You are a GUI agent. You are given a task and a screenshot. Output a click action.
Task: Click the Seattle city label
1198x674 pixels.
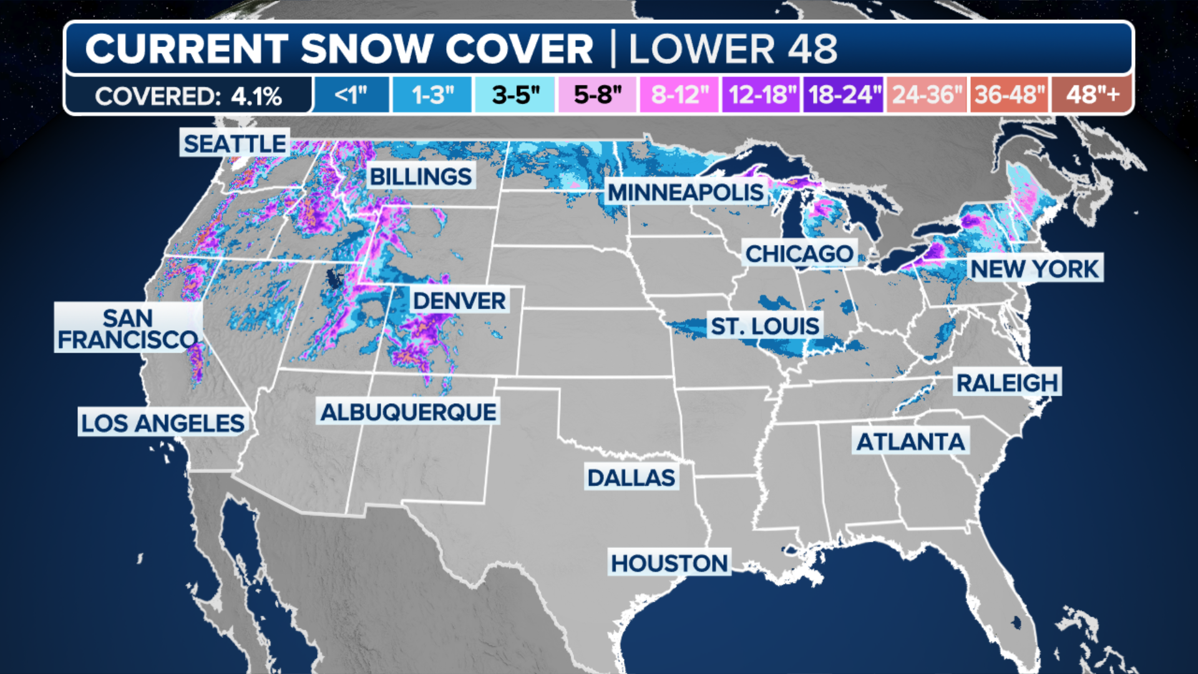(x=235, y=144)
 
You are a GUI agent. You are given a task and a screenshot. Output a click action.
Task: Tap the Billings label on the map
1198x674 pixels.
(x=421, y=177)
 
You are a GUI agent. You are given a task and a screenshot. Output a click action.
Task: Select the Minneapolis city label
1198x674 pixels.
(x=686, y=192)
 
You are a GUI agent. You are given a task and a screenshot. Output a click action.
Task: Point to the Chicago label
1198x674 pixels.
(x=799, y=254)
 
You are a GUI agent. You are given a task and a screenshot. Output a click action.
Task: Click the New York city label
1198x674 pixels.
(x=1035, y=269)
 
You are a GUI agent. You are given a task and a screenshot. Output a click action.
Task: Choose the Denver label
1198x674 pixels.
(x=459, y=301)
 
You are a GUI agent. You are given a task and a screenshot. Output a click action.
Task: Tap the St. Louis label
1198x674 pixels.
(x=765, y=326)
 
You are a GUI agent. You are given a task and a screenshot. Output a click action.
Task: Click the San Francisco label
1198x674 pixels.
(x=128, y=329)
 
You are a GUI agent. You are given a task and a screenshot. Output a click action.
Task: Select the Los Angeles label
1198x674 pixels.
(x=163, y=423)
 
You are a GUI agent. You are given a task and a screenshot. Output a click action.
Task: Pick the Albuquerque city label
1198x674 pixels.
(x=408, y=412)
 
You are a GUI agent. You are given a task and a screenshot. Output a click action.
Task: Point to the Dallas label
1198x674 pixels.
(x=631, y=478)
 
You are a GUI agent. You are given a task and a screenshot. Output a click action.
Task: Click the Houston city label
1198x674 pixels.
(x=670, y=564)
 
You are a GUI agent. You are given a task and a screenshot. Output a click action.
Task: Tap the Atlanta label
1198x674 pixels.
(x=910, y=442)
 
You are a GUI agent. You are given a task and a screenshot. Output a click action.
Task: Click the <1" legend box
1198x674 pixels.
(x=351, y=95)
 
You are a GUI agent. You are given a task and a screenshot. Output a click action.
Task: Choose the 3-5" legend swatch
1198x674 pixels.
(x=515, y=95)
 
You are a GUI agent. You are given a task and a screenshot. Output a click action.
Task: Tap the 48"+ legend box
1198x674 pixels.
(x=1092, y=95)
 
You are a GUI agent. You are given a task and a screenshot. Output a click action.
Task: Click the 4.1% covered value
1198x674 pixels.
(x=256, y=97)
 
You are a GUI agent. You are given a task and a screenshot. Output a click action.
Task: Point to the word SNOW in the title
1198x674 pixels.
(x=367, y=49)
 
